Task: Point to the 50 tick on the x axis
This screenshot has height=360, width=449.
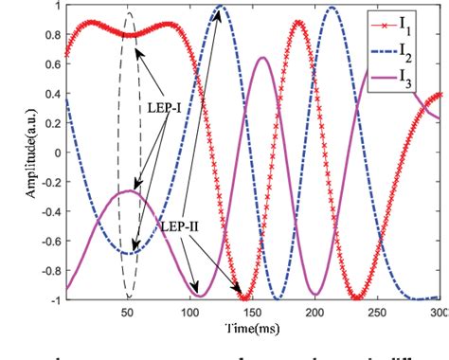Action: (x=127, y=312)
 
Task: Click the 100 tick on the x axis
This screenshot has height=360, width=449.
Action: (x=189, y=312)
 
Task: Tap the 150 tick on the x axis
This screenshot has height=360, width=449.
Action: (x=253, y=312)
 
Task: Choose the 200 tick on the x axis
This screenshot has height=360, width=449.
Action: (x=315, y=312)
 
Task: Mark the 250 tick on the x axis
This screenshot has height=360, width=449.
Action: (x=379, y=312)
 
